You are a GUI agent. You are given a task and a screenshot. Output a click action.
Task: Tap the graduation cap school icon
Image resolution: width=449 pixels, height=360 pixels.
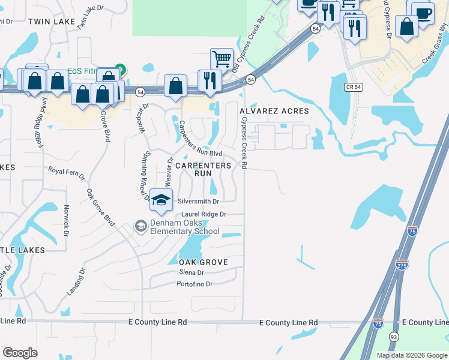coord(160,200)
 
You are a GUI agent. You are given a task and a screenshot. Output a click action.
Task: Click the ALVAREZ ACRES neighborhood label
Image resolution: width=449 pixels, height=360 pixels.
coord(274,111)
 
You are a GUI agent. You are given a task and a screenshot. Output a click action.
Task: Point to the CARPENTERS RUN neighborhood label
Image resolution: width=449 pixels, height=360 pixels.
coord(203,169)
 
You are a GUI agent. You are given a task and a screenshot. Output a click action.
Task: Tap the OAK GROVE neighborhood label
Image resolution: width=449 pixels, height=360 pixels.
coord(203,262)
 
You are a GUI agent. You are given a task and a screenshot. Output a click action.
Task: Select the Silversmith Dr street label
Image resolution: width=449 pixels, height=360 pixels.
coord(198,202)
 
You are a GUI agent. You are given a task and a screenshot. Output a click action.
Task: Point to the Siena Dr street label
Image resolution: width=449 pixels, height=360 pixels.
coord(191,272)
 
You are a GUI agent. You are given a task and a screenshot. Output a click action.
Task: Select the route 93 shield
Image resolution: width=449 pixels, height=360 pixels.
coord(394,337)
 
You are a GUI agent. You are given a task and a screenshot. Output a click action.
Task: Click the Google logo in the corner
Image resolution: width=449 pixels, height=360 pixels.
coord(20,352)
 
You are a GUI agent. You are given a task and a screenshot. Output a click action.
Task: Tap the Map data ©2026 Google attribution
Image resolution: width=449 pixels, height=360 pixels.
coord(411,355)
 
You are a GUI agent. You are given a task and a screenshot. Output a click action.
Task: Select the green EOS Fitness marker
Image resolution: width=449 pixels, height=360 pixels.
coord(119,70)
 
